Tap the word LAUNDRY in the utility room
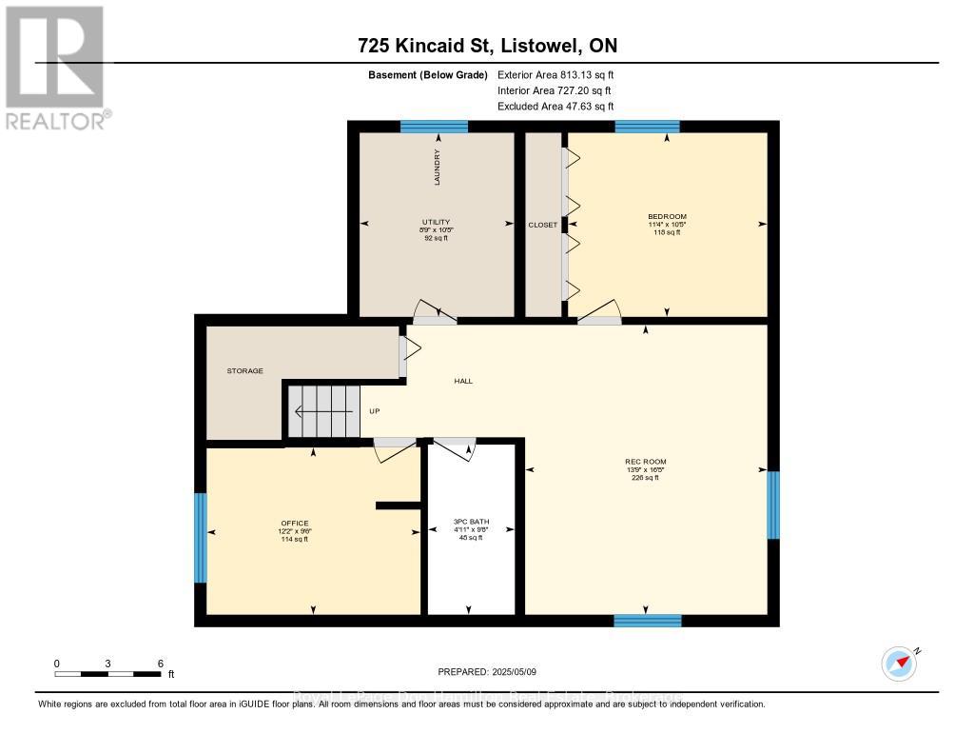coord(438,167)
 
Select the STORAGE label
coord(244,370)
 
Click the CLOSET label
coord(542,225)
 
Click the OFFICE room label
coord(294,524)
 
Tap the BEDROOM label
coord(666,216)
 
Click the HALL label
coord(463,381)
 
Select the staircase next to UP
coord(324,411)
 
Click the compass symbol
coord(899,664)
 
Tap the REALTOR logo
coord(54,67)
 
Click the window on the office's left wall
coord(200,537)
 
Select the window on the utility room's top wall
coord(434,127)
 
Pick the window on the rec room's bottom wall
coord(647,621)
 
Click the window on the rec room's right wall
coord(773,505)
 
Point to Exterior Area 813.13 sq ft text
coord(561,74)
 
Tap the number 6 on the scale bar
coord(160,664)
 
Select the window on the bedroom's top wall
coord(647,127)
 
